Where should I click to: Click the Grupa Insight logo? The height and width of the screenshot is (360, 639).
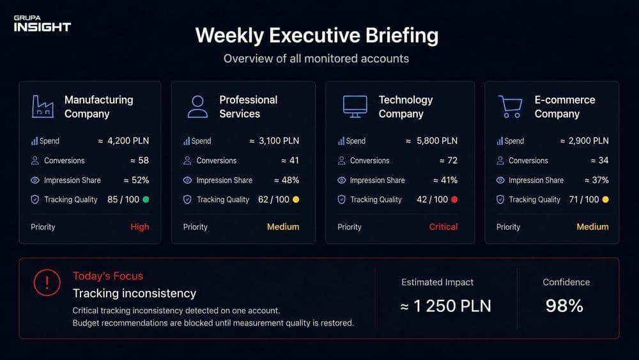(42, 24)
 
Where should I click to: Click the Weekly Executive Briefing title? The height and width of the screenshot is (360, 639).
(317, 35)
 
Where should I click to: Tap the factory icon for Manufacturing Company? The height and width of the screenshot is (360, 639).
(43, 106)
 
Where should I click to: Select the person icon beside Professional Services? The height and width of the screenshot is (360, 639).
(197, 106)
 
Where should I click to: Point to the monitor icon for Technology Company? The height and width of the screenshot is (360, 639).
(355, 106)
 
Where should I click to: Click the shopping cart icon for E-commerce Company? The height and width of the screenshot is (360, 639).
(510, 106)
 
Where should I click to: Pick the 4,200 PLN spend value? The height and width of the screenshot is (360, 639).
(128, 141)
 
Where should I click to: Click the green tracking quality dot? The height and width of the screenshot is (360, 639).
(146, 200)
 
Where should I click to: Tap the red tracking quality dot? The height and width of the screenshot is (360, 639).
(454, 200)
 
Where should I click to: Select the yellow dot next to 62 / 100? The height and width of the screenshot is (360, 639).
(296, 200)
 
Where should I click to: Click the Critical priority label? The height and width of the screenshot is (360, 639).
(443, 227)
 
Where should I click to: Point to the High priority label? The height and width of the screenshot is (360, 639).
(140, 227)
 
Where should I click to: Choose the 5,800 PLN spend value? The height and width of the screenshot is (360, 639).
(437, 141)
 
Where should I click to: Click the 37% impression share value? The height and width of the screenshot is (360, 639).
(600, 180)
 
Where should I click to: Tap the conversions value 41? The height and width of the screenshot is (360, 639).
(294, 160)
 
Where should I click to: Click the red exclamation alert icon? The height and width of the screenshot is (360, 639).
(47, 283)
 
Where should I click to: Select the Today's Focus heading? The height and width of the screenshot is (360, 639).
(108, 276)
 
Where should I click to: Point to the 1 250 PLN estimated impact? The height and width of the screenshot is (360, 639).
(452, 306)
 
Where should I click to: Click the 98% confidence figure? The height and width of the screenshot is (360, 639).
(564, 306)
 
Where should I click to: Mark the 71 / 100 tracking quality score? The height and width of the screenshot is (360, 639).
(584, 200)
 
